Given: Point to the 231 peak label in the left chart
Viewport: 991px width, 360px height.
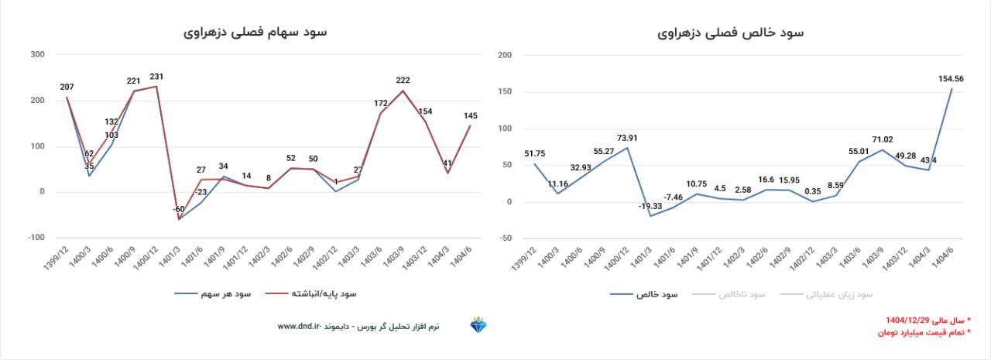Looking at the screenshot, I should (x=156, y=77).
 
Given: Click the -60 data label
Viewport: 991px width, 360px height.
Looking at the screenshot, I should (x=180, y=210).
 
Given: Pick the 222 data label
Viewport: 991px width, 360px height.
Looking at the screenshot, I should (x=403, y=81).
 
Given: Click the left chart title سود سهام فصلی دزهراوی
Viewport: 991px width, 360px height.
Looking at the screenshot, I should (x=255, y=33).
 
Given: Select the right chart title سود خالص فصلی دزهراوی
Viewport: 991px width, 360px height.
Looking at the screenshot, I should (x=731, y=33).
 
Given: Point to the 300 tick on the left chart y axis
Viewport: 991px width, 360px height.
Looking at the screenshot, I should (x=36, y=54).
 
